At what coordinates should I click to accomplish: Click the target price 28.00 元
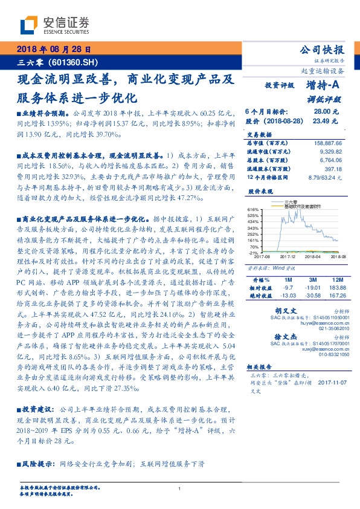tap(321, 112)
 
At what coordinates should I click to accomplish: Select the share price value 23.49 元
tap(321, 121)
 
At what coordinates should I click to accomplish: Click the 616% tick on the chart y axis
tap(253, 209)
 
